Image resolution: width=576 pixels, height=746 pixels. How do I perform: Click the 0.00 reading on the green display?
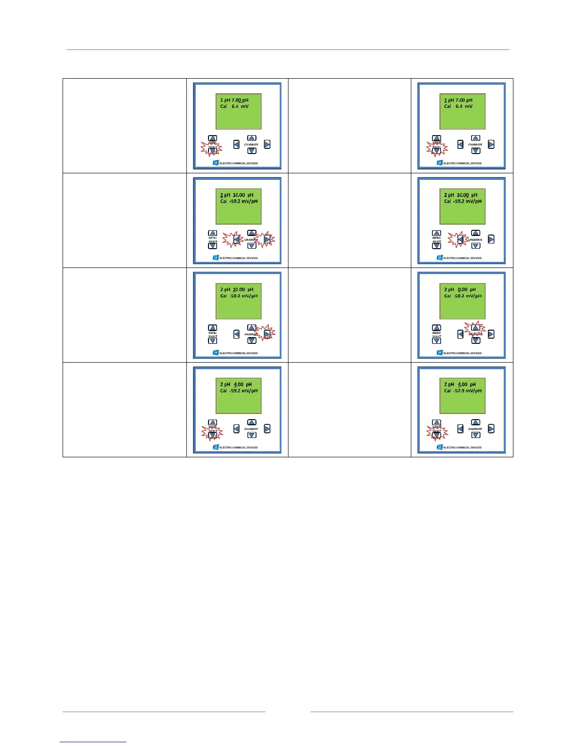pyautogui.click(x=462, y=290)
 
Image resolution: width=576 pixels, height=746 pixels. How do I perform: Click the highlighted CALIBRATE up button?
pyautogui.click(x=476, y=328)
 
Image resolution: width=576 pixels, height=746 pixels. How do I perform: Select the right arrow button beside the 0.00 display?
pyautogui.click(x=491, y=334)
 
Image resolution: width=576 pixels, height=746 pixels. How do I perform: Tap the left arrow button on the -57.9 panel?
pyautogui.click(x=460, y=429)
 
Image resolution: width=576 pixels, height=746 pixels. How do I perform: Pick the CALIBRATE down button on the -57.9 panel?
pyautogui.click(x=476, y=435)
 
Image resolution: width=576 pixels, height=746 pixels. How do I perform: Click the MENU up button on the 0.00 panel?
pyautogui.click(x=436, y=328)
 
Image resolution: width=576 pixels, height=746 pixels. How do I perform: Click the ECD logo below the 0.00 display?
pyautogui.click(x=440, y=353)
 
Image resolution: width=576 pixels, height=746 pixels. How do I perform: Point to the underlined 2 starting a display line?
pyautogui.click(x=222, y=195)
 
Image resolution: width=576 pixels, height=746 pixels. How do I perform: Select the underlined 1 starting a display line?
pyautogui.click(x=446, y=100)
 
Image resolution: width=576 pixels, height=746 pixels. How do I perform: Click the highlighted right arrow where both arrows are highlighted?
pyautogui.click(x=267, y=239)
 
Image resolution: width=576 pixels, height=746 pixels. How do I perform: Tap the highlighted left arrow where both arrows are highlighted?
pyautogui.click(x=236, y=239)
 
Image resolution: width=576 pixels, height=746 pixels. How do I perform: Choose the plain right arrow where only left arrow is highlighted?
pyautogui.click(x=491, y=239)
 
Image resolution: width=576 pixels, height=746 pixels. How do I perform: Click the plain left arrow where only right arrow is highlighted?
pyautogui.click(x=236, y=334)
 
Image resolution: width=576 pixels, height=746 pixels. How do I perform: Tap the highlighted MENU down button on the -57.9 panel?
pyautogui.click(x=436, y=435)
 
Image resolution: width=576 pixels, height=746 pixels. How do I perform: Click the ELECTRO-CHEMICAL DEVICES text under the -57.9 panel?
pyautogui.click(x=463, y=447)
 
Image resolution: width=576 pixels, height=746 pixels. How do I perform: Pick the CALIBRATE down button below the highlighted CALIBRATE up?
pyautogui.click(x=476, y=341)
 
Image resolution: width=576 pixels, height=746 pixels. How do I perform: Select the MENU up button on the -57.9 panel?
pyautogui.click(x=436, y=422)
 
